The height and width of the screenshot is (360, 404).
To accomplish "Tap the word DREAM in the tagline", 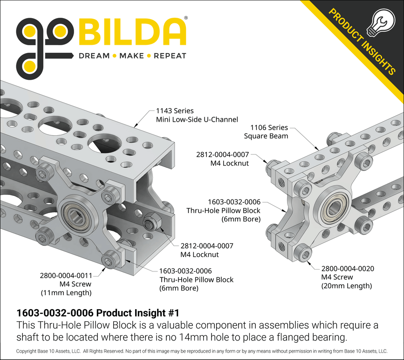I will click(x=94, y=56).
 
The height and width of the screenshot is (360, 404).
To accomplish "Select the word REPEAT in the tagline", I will click(x=170, y=56).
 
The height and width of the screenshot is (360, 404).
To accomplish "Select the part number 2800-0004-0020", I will click(x=348, y=269).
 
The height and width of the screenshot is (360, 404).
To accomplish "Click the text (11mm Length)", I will click(x=66, y=293).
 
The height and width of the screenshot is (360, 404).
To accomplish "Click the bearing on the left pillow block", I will click(x=76, y=216).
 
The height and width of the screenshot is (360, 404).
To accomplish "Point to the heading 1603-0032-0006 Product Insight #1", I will click(x=97, y=312).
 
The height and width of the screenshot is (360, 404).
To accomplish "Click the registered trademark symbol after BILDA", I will click(x=186, y=18).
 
